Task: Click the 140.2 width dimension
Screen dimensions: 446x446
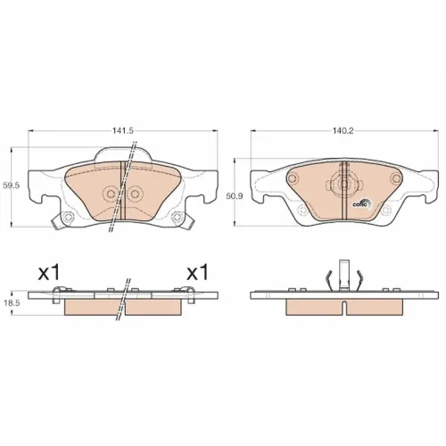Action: click(343, 130)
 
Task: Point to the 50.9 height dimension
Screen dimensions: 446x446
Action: click(230, 196)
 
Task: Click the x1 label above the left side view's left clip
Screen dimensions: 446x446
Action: click(49, 273)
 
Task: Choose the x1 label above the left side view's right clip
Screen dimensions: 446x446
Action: click(197, 273)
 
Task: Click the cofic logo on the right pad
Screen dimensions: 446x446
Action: click(362, 203)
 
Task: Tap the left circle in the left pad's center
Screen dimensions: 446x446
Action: click(111, 194)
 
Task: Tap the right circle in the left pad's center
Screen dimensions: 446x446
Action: click(135, 194)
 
